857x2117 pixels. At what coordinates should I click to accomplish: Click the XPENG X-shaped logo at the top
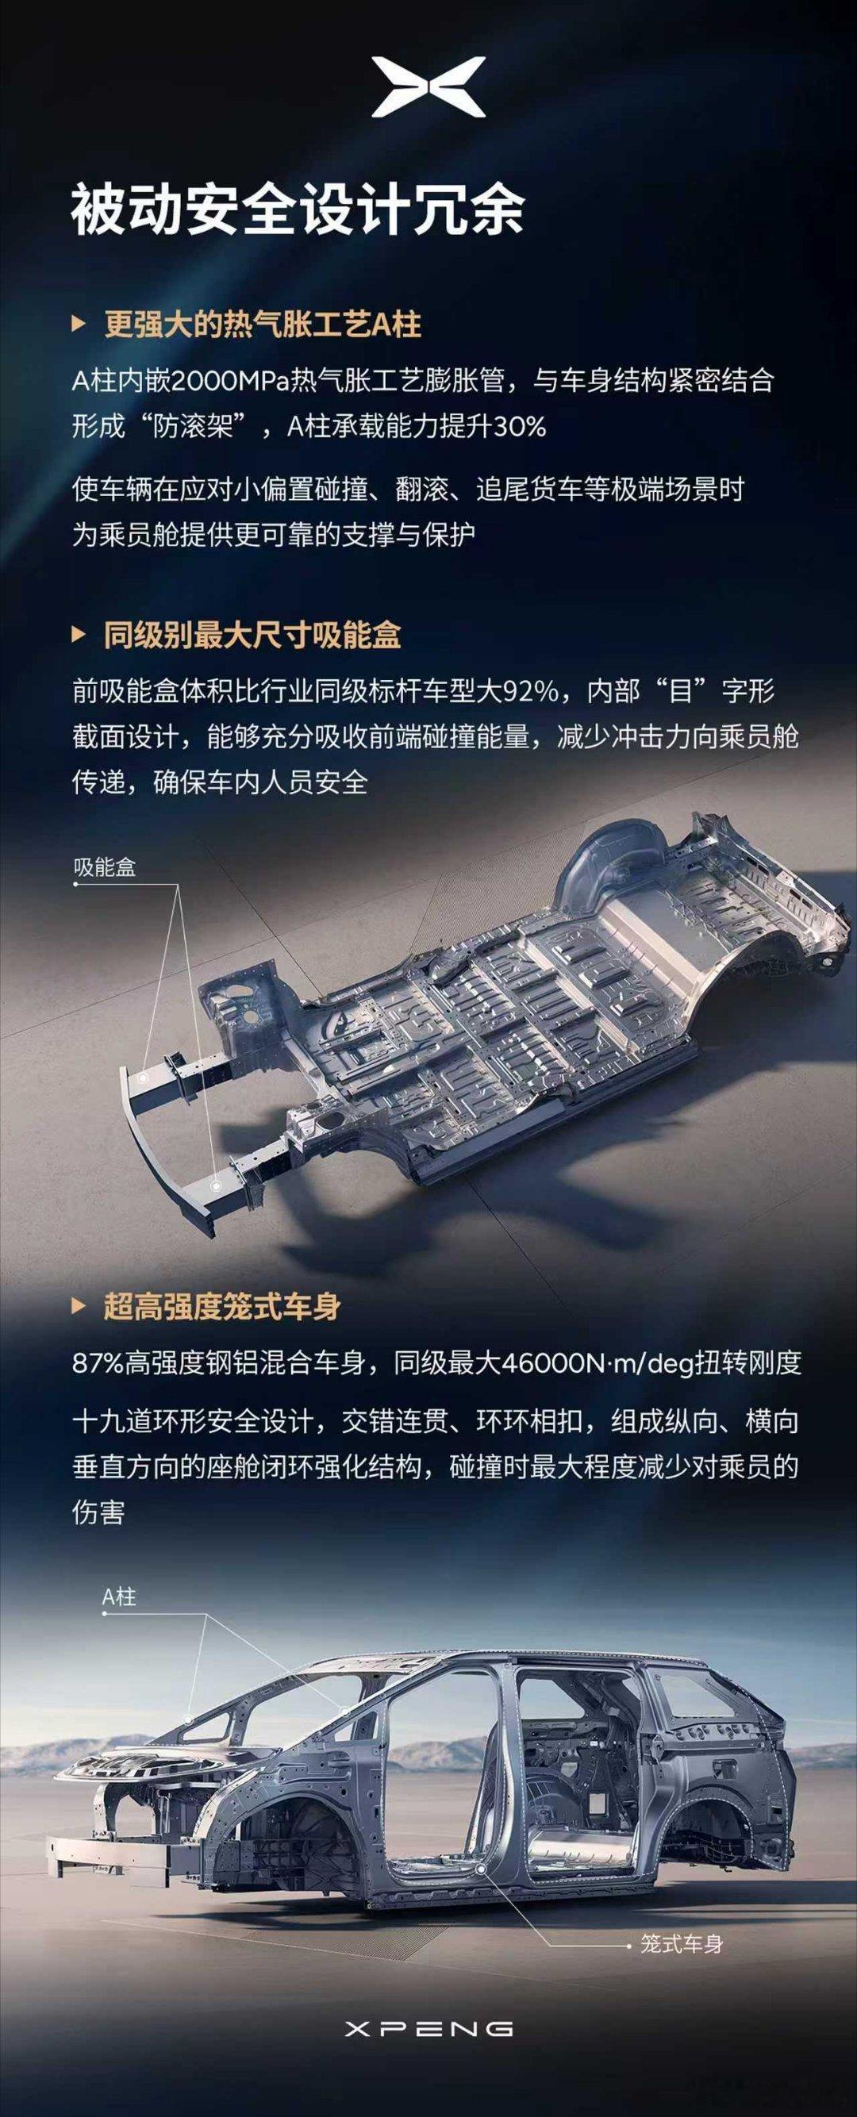[x=428, y=86]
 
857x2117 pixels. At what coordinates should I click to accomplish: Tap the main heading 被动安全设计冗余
[x=298, y=212]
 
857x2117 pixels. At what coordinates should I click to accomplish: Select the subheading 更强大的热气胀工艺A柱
[x=263, y=325]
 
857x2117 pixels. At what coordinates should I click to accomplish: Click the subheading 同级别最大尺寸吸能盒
[x=252, y=636]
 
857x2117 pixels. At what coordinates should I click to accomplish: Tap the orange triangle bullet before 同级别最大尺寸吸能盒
[x=78, y=636]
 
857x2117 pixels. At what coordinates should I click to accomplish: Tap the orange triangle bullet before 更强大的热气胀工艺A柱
[x=78, y=325]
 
